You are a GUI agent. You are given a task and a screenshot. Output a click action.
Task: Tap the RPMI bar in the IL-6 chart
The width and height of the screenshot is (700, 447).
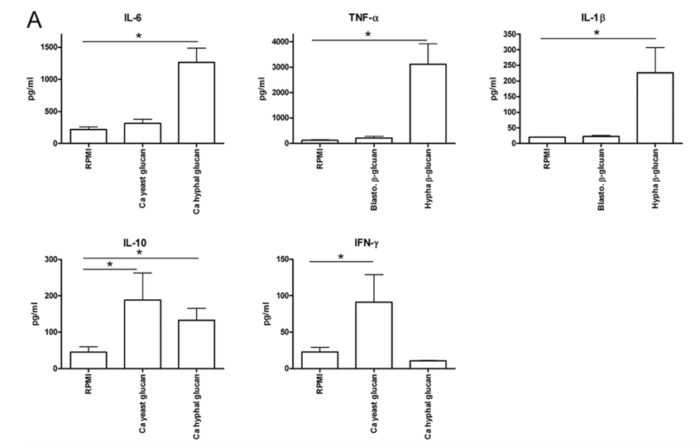point(89,136)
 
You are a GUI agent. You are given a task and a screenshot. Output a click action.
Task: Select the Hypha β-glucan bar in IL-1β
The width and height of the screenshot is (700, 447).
point(654,107)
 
